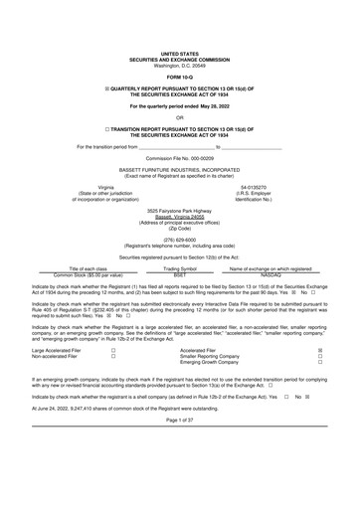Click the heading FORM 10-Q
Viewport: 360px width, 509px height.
[180, 76]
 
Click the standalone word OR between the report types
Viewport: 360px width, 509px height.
[180, 117]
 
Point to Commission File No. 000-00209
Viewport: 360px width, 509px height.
[180, 158]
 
